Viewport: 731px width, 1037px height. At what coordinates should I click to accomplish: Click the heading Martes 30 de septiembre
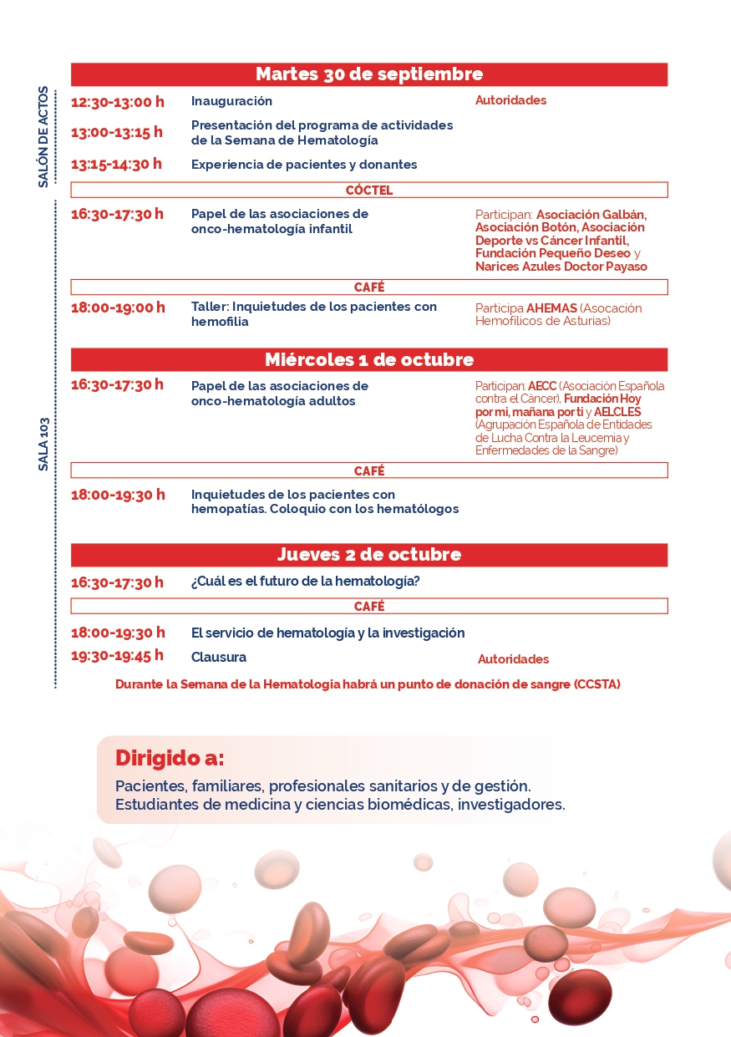coord(368,74)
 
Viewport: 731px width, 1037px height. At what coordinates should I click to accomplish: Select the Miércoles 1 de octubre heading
coord(368,360)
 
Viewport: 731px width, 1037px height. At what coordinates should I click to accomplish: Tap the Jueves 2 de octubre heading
coord(368,555)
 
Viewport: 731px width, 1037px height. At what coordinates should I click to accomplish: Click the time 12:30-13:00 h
coord(117,102)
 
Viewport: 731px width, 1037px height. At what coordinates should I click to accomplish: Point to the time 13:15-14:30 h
coord(116,164)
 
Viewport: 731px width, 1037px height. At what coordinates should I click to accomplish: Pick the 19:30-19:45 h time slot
coord(117,655)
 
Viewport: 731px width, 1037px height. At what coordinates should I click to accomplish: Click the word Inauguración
coord(231,101)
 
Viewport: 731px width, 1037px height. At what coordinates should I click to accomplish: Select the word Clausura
coord(219,657)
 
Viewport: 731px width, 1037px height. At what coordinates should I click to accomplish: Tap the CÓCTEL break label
coord(368,190)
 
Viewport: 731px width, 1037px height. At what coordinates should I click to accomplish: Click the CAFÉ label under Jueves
coord(368,607)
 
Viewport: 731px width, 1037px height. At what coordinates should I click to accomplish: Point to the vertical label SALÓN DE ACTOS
coord(43,137)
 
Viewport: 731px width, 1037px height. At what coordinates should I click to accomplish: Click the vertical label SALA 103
coord(43,444)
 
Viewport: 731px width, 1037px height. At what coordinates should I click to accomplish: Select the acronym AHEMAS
coord(551,308)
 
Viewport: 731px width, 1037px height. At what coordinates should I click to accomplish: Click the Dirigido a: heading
coord(170,758)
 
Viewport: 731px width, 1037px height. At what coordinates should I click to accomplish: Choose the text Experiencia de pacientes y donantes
coord(304,165)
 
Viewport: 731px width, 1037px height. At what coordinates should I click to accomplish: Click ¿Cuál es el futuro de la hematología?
coord(305,582)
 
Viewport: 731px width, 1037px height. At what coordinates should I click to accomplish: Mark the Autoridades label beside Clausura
coord(513,659)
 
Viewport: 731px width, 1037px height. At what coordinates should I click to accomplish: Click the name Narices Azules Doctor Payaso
coord(561,267)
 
